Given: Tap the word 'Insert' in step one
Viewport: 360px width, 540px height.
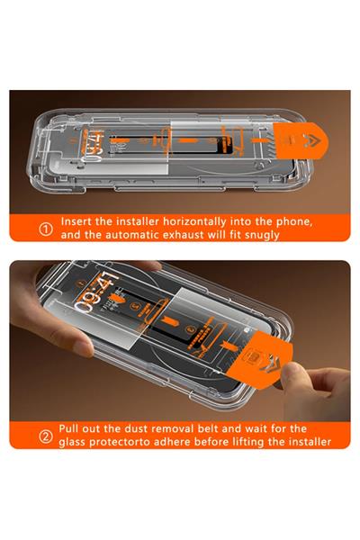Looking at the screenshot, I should [x=80, y=220].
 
